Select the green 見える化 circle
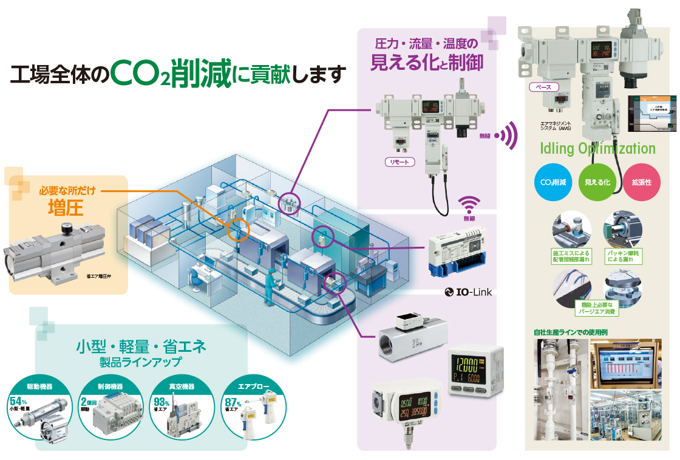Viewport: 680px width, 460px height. click(x=597, y=182)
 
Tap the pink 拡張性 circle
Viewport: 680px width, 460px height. click(x=641, y=182)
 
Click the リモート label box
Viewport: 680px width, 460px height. click(x=400, y=162)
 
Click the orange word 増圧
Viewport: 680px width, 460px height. click(x=66, y=207)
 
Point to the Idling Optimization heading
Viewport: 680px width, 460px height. click(x=598, y=149)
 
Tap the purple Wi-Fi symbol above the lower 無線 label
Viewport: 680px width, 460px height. click(x=469, y=204)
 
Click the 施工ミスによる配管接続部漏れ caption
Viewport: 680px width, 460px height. click(x=571, y=256)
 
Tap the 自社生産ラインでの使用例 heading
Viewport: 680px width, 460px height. click(x=570, y=332)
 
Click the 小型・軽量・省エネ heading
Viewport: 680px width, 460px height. click(x=141, y=347)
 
